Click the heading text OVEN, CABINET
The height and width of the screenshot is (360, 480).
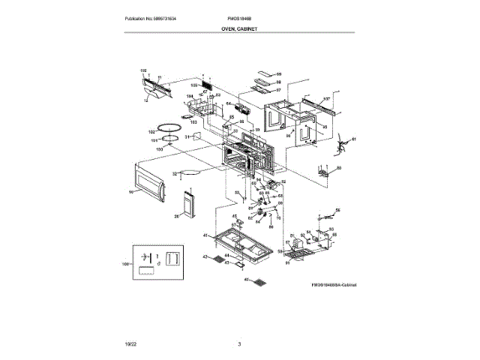[239, 29]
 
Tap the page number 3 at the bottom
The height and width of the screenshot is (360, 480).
[239, 343]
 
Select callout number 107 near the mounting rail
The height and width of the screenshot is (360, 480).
[327, 99]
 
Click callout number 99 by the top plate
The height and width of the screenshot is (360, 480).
[278, 74]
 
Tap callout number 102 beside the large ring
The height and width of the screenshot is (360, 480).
[151, 131]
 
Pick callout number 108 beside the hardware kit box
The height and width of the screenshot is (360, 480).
[126, 265]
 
